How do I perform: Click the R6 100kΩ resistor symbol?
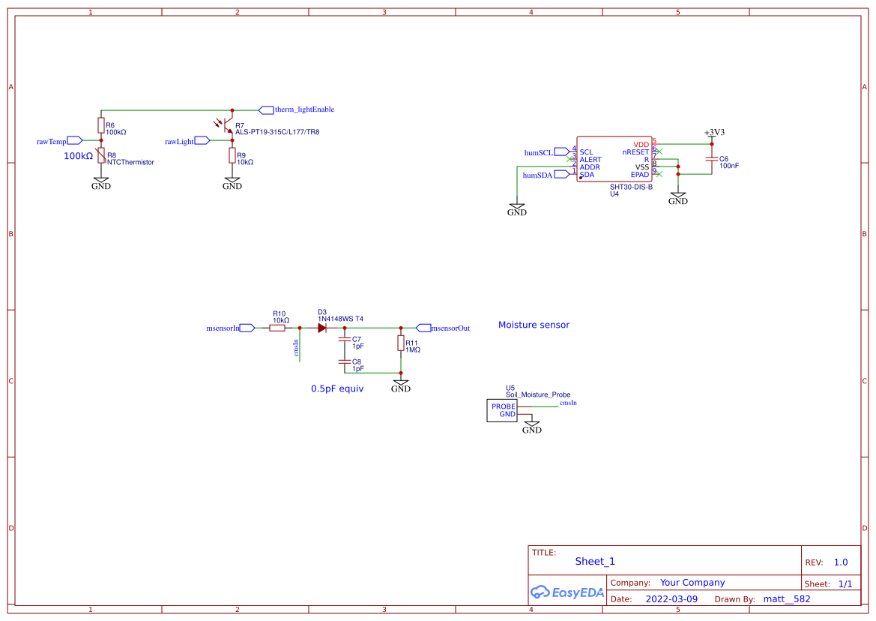101,124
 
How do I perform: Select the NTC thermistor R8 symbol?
101,156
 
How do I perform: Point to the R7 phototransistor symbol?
227,127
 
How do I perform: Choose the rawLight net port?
202,140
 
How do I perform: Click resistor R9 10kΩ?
232,155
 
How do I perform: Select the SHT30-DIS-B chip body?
614,159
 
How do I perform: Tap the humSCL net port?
562,152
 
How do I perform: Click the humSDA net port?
562,175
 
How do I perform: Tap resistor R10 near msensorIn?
277,328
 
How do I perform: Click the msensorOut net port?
424,328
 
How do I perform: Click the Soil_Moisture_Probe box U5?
502,411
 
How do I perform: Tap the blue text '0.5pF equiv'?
337,389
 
